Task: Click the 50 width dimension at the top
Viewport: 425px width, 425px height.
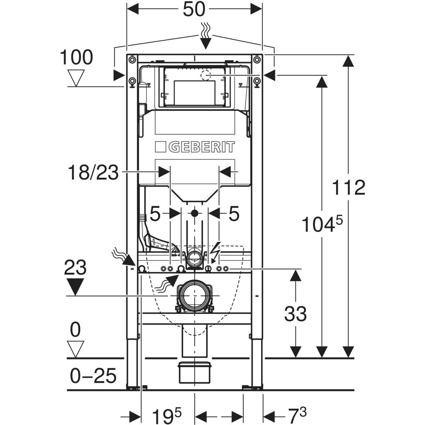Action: (194, 10)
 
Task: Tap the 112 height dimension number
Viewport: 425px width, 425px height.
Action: (348, 187)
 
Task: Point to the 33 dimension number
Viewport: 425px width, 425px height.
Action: (295, 313)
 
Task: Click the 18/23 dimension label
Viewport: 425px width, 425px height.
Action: (93, 173)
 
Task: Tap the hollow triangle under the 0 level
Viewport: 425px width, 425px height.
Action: (76, 349)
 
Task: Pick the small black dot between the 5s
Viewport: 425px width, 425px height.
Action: (194, 213)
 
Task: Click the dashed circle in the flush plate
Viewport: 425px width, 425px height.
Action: (205, 75)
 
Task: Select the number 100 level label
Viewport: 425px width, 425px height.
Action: (76, 57)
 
